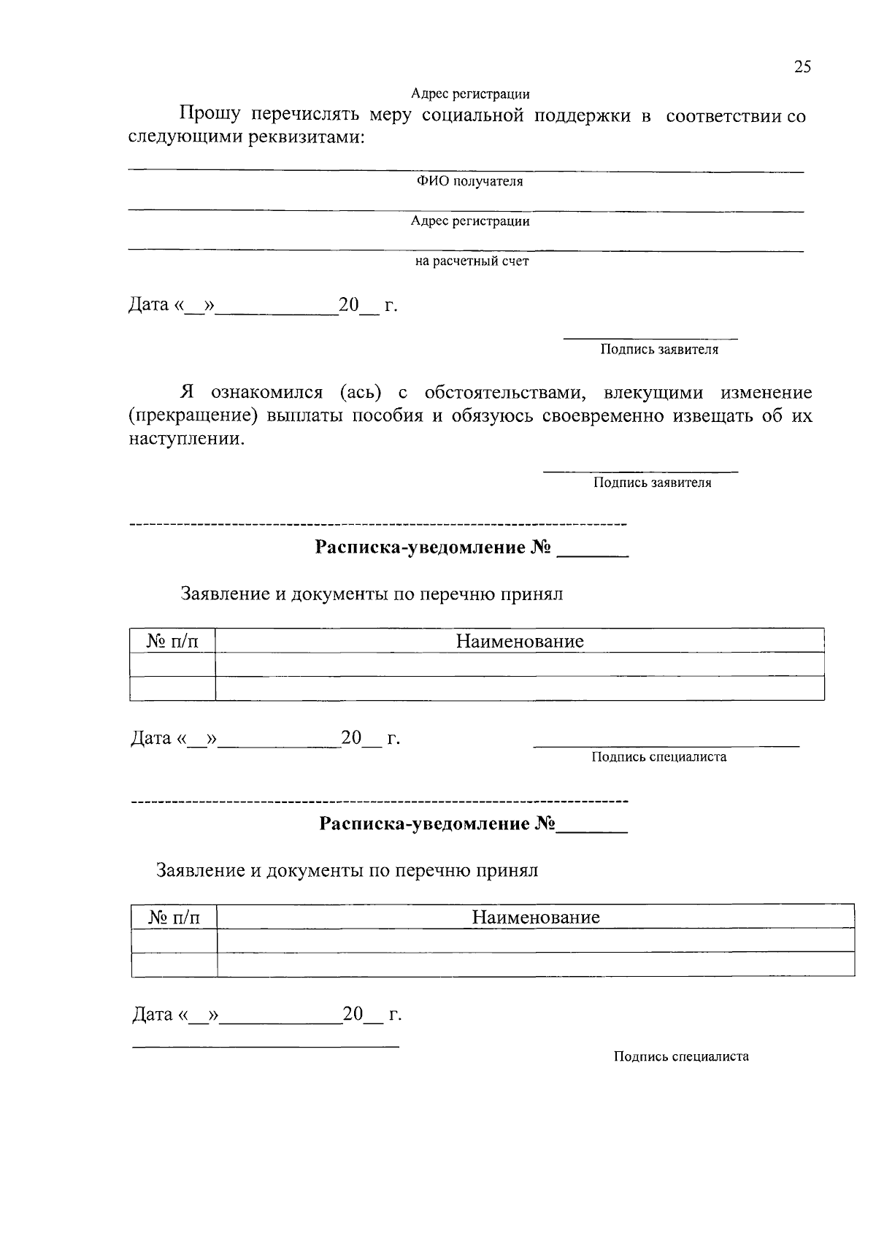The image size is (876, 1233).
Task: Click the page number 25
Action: pos(802,67)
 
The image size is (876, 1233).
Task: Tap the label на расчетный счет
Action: pos(472,261)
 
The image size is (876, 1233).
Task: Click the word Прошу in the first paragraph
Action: pos(210,115)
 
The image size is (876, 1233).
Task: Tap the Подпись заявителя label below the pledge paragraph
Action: pos(652,483)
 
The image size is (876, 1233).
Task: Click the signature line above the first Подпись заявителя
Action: pos(650,339)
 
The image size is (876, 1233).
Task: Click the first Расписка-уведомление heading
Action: pos(432,548)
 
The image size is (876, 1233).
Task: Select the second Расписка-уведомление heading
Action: pos(437,824)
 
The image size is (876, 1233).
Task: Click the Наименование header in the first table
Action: pos(520,641)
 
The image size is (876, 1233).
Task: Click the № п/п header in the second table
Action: pos(174,917)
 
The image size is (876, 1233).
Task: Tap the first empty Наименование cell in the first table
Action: pos(520,664)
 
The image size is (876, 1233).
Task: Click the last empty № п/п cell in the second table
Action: pos(174,964)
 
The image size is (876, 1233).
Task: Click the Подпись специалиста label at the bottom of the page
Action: pos(680,1056)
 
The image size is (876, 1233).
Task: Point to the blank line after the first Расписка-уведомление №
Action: pos(592,553)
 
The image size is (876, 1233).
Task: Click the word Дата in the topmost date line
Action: pos(149,304)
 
